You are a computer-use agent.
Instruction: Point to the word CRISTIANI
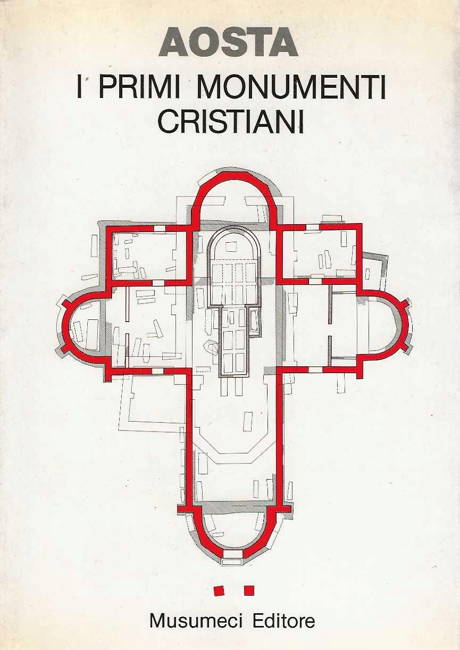point(231,120)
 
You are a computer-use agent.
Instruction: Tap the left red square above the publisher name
point(218,590)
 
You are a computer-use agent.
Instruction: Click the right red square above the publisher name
point(248,590)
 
